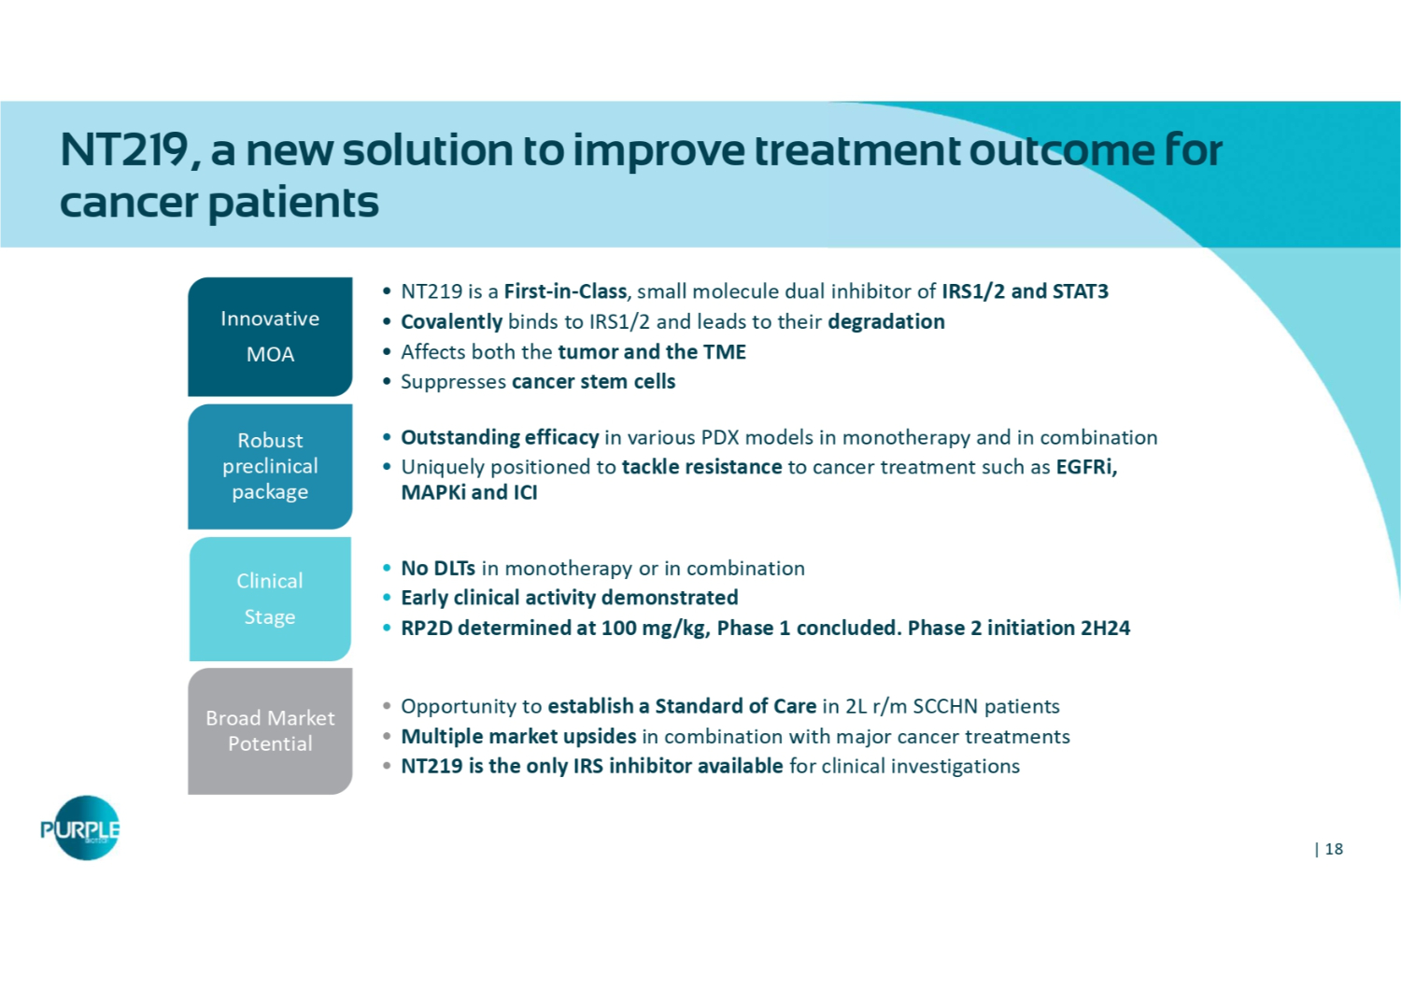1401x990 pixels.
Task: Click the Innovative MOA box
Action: tap(270, 336)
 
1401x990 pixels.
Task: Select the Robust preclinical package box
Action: tap(270, 467)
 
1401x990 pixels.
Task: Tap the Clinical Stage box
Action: tap(270, 599)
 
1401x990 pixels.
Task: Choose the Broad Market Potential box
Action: tap(270, 731)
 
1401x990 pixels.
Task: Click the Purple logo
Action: tap(81, 828)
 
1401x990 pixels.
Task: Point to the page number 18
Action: tap(1334, 849)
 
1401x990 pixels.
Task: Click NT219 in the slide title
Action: tap(125, 150)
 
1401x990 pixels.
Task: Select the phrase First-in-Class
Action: tap(565, 291)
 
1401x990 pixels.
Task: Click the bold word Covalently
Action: tap(451, 322)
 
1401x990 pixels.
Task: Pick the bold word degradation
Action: tap(886, 322)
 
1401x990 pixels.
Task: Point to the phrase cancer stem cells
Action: tap(593, 381)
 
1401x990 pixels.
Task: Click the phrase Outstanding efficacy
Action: tap(500, 437)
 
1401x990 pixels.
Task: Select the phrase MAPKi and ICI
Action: tap(469, 493)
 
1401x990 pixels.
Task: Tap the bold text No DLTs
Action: tap(438, 568)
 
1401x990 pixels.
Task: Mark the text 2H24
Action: tap(1105, 628)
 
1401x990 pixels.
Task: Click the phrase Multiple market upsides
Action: tap(518, 737)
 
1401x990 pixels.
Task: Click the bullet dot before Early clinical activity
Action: tap(388, 598)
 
